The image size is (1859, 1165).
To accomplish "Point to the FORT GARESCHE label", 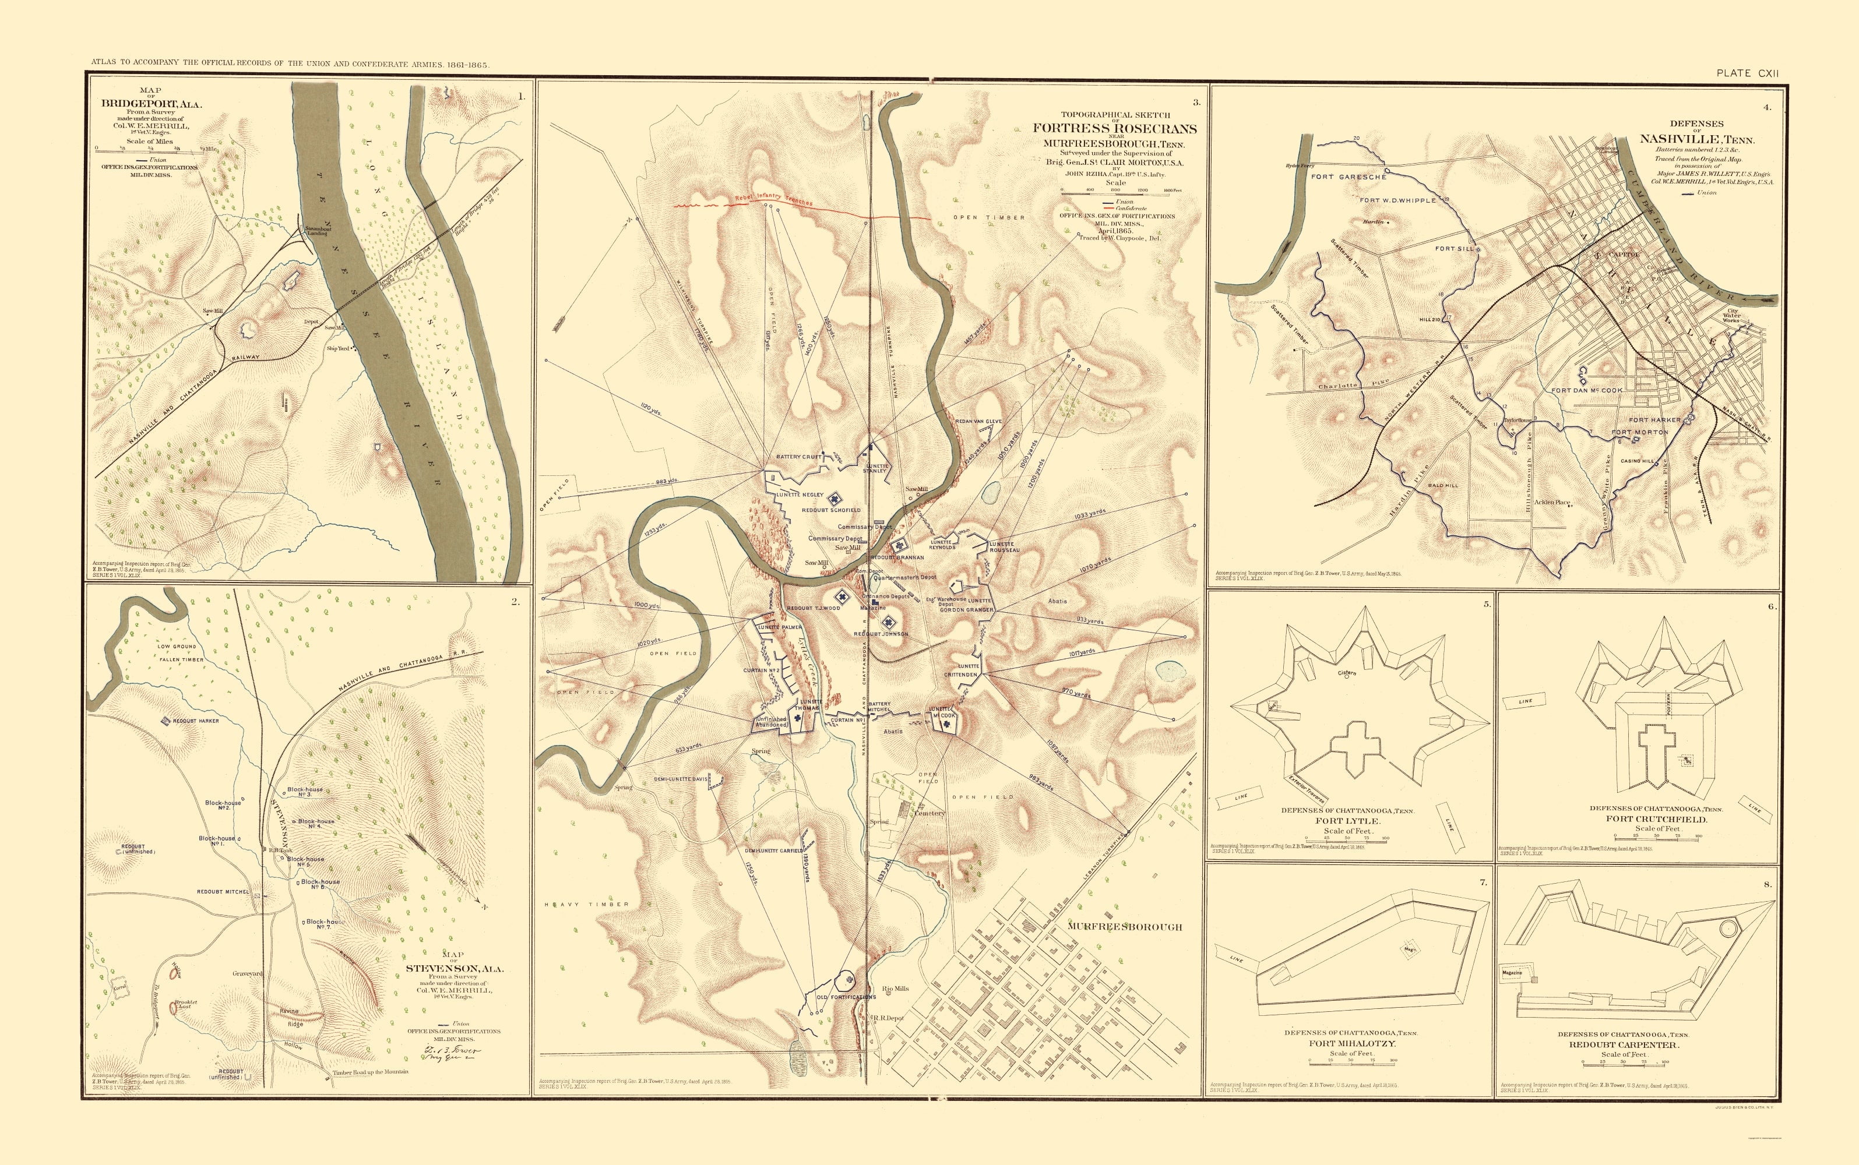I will point(1349,177).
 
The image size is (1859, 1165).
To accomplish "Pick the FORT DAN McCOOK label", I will point(1587,391).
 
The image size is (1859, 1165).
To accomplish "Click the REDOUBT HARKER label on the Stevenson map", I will point(196,721).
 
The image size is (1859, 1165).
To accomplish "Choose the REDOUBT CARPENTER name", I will point(1623,1046).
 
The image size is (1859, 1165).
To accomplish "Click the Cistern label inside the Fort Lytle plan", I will point(1347,673).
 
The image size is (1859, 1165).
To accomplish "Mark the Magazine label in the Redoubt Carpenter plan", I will point(1512,973).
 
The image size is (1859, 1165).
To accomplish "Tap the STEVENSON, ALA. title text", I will point(455,969).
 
